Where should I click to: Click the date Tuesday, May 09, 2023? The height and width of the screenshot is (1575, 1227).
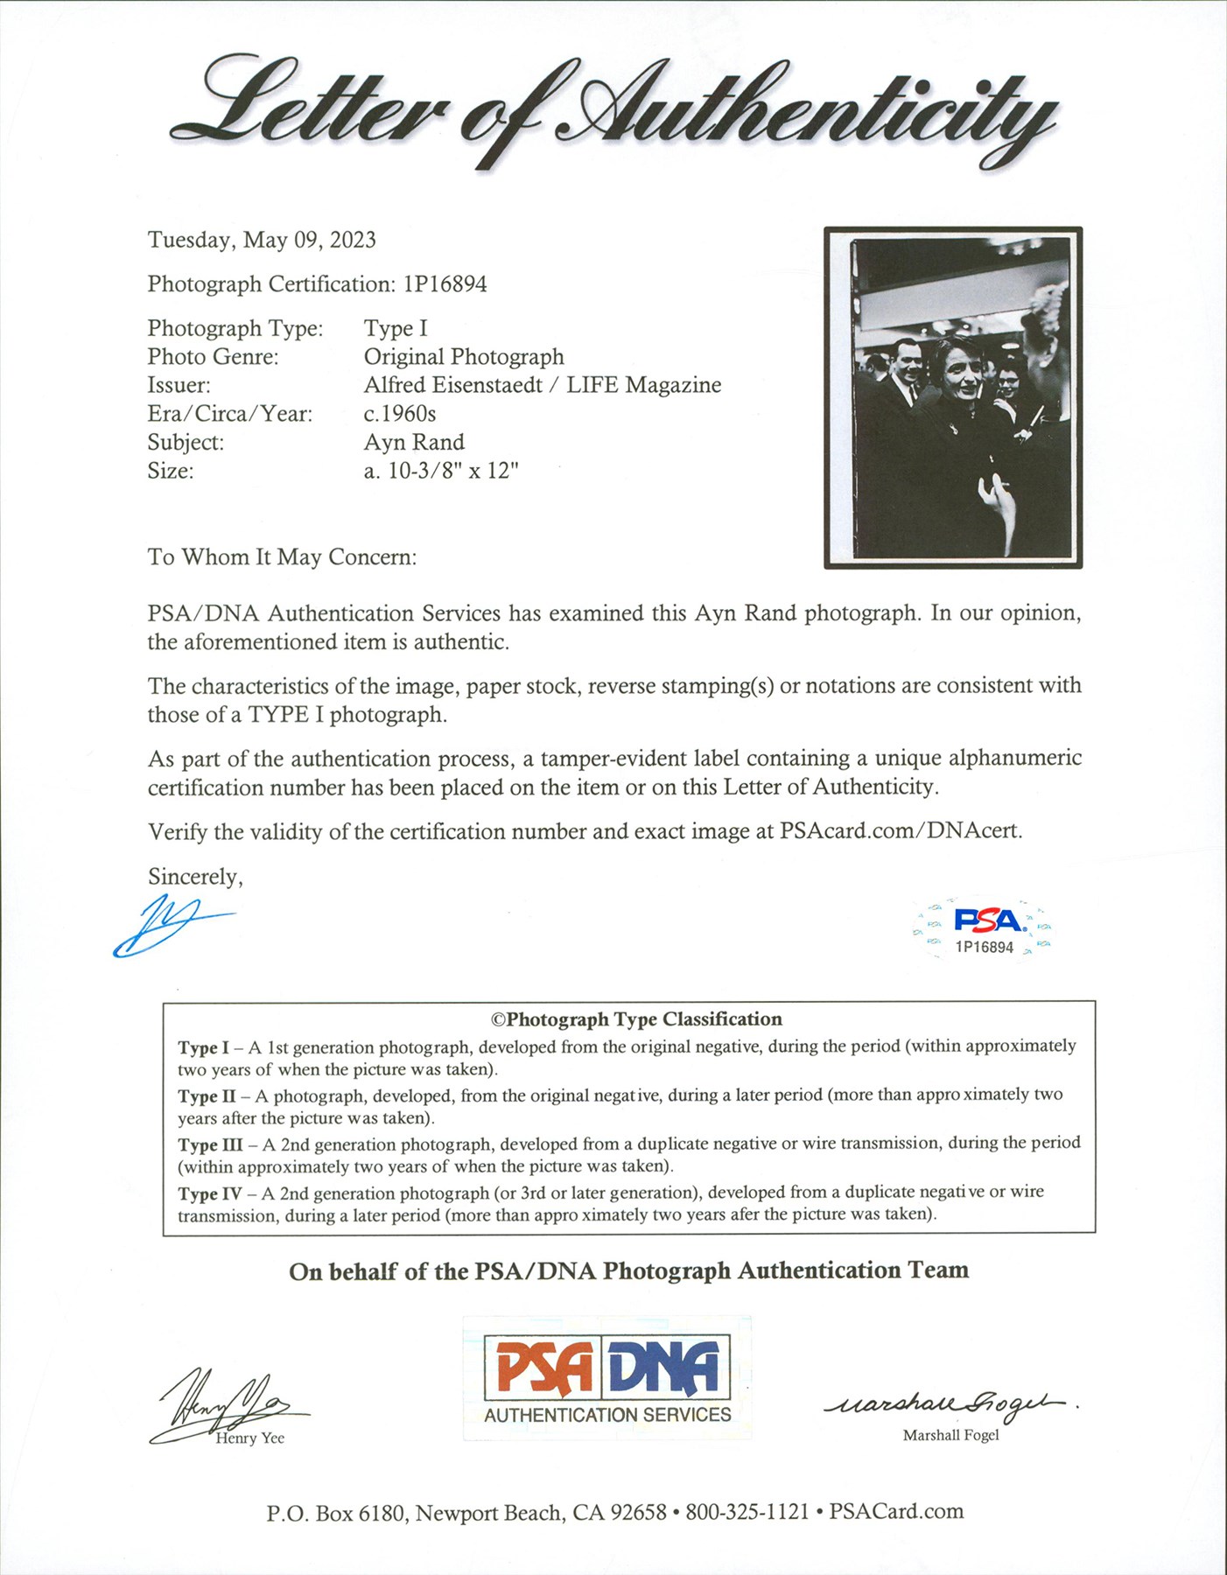pos(262,240)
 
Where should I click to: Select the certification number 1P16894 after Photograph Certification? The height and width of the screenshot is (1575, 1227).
pos(445,283)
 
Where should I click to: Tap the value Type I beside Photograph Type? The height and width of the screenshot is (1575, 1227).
pos(396,328)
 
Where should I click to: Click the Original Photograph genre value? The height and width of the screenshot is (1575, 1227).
pos(464,357)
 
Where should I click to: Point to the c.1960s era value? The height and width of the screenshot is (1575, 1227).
pos(399,413)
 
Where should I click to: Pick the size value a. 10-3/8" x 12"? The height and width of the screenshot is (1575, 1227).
pos(441,471)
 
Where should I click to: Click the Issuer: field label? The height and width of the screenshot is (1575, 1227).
pos(179,385)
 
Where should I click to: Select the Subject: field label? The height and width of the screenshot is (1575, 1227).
pos(186,442)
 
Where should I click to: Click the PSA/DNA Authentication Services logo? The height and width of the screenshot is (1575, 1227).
pos(607,1377)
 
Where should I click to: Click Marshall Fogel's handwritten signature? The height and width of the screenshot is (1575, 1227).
pos(950,1404)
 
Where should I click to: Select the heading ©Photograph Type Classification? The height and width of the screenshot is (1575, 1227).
pos(636,1019)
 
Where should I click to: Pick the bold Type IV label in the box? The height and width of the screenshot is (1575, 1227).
pos(210,1193)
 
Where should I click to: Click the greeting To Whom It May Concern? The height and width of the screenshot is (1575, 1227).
pos(282,557)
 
